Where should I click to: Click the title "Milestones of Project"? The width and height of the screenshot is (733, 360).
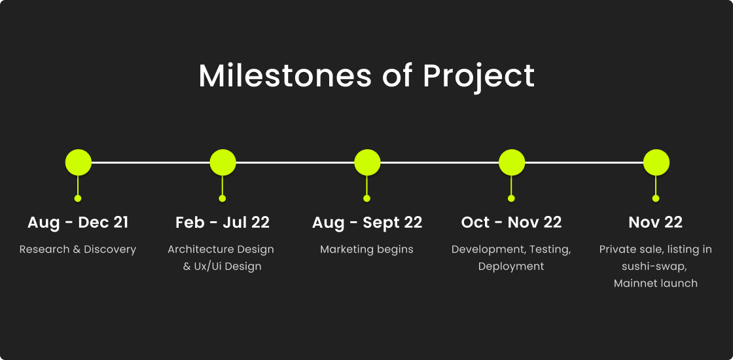(366, 75)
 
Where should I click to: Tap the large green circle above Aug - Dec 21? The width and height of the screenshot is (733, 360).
(78, 162)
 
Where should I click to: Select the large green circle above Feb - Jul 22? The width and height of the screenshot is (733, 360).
(223, 162)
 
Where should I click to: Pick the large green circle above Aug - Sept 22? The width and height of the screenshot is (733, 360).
(367, 162)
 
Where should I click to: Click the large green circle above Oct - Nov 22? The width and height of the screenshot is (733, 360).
(512, 162)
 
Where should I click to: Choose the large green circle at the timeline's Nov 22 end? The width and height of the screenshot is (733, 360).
(656, 162)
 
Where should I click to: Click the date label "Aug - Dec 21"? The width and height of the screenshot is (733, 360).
(78, 223)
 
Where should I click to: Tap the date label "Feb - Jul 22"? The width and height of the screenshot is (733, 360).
(223, 223)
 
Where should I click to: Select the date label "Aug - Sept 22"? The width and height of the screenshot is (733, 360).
(367, 223)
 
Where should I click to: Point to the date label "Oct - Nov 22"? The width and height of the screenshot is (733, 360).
(511, 223)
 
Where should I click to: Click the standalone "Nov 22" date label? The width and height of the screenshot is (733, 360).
(655, 223)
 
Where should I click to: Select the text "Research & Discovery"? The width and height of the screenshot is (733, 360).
(78, 249)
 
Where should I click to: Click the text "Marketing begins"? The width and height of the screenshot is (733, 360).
(366, 249)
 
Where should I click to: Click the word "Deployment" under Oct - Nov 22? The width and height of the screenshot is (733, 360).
(511, 266)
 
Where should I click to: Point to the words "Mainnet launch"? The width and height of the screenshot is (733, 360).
(655, 283)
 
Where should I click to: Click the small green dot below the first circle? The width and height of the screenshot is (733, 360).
(78, 198)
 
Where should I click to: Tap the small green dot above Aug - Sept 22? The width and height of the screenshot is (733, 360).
(366, 198)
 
